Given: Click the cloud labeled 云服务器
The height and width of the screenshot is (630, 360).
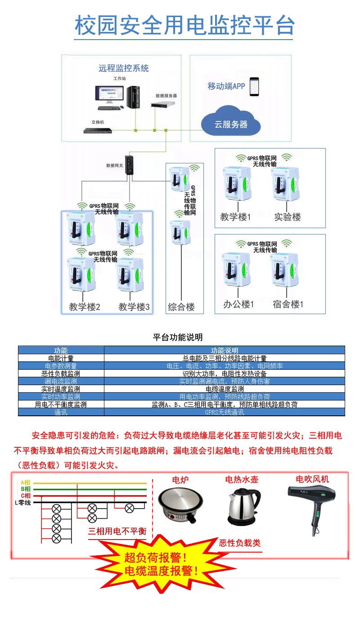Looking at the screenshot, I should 231,122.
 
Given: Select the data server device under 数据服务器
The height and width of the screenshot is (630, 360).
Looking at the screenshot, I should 162,104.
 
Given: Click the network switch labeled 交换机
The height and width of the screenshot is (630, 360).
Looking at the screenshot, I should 97,131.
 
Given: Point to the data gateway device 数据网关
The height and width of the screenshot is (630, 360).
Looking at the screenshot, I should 129,165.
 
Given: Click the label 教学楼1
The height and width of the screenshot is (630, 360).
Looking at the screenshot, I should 235,217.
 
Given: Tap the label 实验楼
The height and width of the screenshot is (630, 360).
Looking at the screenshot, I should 288,217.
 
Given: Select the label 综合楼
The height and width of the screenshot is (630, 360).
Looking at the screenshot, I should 181,307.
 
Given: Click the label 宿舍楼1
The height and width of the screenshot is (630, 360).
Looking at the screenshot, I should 288,304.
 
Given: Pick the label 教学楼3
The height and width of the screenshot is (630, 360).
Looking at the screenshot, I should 134,307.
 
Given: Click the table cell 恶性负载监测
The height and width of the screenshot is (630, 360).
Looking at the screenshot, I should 61,373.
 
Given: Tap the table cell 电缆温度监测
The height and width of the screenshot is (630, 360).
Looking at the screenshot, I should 224,389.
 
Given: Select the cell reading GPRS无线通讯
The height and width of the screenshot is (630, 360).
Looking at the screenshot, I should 224,412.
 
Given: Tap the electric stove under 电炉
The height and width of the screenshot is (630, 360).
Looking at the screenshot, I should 180,504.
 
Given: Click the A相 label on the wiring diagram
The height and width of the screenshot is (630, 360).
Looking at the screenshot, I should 25,483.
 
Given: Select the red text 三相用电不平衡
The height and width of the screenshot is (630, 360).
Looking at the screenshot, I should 117,531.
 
